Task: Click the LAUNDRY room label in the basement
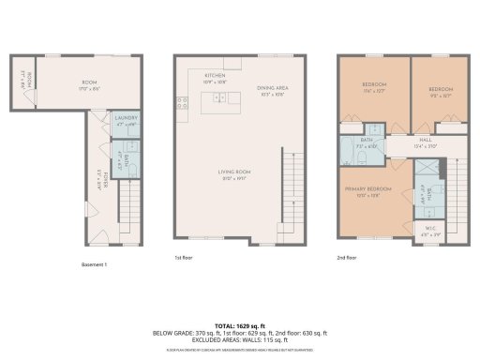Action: tap(126, 119)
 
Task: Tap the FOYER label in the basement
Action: tap(105, 177)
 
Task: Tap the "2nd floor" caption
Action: tap(348, 257)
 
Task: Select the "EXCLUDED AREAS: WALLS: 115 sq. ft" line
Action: tap(240, 339)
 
